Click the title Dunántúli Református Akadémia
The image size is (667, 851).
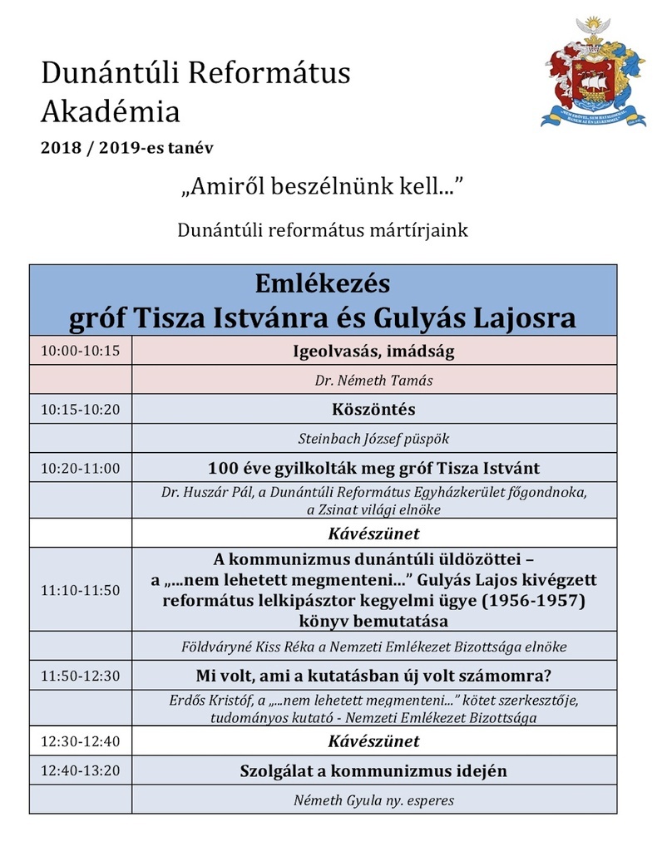195,91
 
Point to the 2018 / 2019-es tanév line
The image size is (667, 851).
131,148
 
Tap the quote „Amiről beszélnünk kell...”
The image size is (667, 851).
321,189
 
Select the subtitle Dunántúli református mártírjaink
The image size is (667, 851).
323,230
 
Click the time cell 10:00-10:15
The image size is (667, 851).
81,351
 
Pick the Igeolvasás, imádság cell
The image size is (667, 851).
374,351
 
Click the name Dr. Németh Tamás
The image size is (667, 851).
374,381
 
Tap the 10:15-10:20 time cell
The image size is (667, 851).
81,409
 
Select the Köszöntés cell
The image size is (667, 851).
374,410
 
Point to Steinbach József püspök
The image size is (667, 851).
374,439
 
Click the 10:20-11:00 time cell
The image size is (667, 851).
81,468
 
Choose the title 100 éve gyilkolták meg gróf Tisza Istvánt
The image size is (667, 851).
374,468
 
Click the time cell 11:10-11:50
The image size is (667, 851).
81,589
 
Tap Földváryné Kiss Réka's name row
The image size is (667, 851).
374,646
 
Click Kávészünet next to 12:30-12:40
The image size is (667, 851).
374,740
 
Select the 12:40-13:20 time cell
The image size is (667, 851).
81,770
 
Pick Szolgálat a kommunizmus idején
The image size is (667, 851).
374,770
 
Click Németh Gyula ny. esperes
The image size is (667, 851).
374,800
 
